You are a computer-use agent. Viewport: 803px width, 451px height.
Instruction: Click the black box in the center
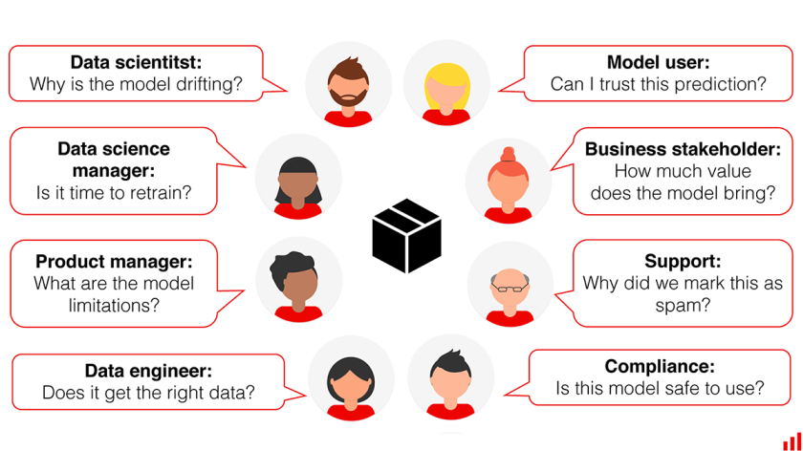pyautogui.click(x=406, y=235)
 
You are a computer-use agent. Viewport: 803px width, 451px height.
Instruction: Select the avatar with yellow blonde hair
pyautogui.click(x=446, y=84)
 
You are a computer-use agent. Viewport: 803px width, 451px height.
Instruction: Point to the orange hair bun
pyautogui.click(x=508, y=154)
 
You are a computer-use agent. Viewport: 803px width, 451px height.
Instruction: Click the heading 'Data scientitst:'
pyautogui.click(x=136, y=62)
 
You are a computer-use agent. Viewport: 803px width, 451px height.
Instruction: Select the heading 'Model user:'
pyautogui.click(x=659, y=62)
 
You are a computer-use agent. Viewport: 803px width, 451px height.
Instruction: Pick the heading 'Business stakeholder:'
pyautogui.click(x=684, y=149)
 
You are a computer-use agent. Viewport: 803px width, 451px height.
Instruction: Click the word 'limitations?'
pyautogui.click(x=114, y=305)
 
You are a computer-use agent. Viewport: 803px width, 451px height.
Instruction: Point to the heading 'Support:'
pyautogui.click(x=683, y=261)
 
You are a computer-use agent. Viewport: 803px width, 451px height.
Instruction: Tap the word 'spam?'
pyautogui.click(x=683, y=305)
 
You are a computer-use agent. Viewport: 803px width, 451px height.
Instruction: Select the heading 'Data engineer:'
pyautogui.click(x=148, y=371)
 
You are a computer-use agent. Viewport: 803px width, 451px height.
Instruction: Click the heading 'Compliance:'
pyautogui.click(x=660, y=366)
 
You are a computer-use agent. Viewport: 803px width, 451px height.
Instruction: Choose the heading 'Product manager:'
pyautogui.click(x=114, y=261)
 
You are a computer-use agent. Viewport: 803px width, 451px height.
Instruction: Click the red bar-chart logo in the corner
pyautogui.click(x=792, y=441)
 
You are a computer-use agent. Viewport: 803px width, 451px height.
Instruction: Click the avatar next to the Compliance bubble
pyautogui.click(x=450, y=377)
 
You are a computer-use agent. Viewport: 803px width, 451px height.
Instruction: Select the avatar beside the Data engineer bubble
pyautogui.click(x=352, y=378)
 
